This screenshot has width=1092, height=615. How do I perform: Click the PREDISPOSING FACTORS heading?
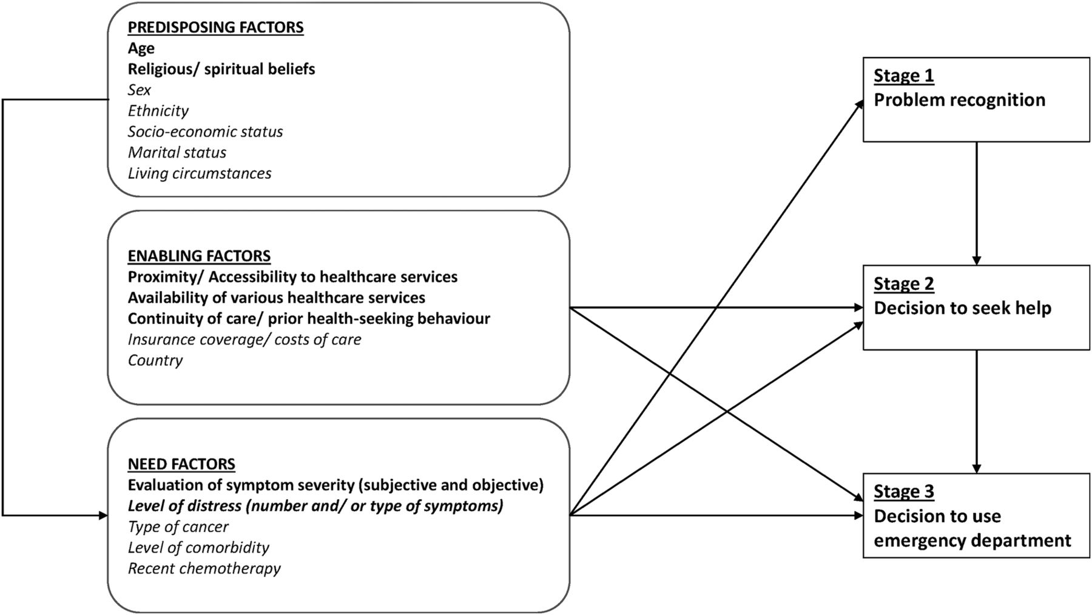(215, 27)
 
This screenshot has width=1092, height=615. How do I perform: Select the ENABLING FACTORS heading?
(199, 256)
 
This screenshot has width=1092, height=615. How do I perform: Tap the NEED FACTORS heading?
(181, 464)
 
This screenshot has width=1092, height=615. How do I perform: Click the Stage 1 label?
(903, 76)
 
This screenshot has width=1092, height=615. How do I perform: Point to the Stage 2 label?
(903, 284)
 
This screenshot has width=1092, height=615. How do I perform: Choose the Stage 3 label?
(903, 491)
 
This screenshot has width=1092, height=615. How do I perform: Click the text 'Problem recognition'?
(959, 100)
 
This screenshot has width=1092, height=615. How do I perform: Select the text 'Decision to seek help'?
(962, 308)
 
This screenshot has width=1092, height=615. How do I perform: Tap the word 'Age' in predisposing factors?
(141, 49)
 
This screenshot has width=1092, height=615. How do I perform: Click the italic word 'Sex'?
(139, 90)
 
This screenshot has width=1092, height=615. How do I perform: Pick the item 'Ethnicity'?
(158, 111)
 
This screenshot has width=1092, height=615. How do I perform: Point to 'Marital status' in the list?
(177, 152)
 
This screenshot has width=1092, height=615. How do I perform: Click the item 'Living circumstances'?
(199, 173)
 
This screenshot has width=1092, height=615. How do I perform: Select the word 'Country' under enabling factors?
(155, 360)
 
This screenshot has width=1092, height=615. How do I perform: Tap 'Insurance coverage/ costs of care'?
(244, 339)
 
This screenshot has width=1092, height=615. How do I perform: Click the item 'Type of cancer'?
(178, 527)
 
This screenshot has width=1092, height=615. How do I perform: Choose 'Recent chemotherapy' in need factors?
(204, 568)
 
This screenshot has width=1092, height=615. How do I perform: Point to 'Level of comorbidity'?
(198, 548)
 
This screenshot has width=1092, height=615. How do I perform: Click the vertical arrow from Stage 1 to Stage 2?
(977, 204)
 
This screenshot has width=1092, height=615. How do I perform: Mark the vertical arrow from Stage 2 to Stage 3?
(977, 412)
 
